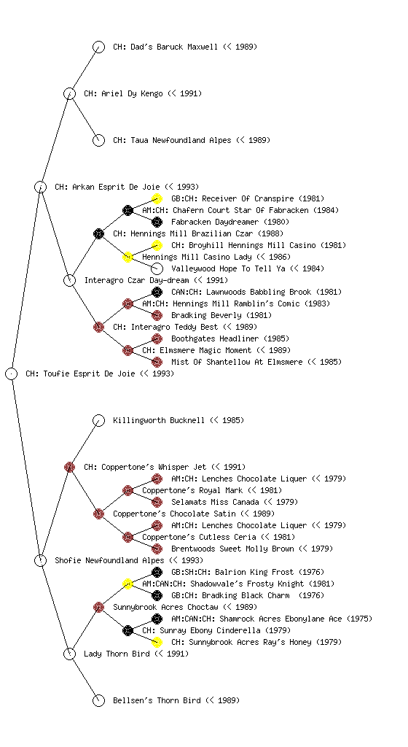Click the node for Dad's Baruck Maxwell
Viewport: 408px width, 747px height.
(x=98, y=47)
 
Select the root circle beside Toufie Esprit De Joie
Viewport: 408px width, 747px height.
(x=12, y=373)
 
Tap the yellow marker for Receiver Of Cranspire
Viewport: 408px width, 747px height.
(x=157, y=198)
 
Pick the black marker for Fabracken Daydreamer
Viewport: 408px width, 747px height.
(x=157, y=222)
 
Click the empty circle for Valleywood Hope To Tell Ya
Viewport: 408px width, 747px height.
(x=157, y=268)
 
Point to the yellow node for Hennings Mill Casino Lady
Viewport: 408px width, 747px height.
(x=127, y=257)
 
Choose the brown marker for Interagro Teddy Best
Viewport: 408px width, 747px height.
(x=98, y=327)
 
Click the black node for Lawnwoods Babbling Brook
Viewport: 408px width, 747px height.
(x=157, y=292)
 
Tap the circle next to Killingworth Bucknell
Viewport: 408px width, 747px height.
(x=98, y=420)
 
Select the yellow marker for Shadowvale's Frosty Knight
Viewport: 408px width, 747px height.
(x=127, y=584)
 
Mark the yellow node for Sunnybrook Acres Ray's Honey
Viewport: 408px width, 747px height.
(x=157, y=642)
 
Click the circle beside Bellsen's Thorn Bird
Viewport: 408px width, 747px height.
(x=98, y=700)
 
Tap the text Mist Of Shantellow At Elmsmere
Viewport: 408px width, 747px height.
(x=237, y=362)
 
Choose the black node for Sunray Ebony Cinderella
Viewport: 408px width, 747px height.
(x=127, y=630)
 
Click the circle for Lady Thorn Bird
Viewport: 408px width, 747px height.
(x=69, y=654)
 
